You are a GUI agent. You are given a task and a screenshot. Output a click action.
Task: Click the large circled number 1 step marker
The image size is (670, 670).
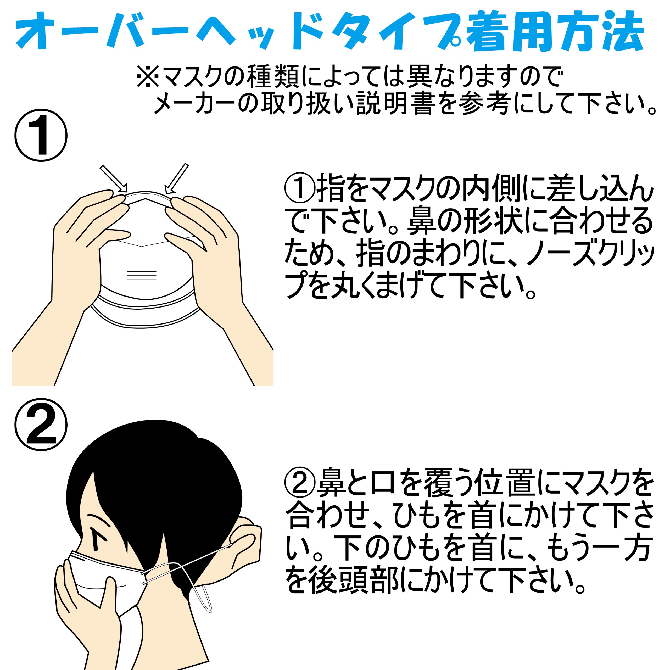coord(41,135)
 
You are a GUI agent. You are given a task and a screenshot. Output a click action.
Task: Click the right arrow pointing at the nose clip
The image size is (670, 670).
coord(176,178)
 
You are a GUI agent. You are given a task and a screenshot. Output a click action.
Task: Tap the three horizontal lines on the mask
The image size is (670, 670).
coord(142,275)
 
